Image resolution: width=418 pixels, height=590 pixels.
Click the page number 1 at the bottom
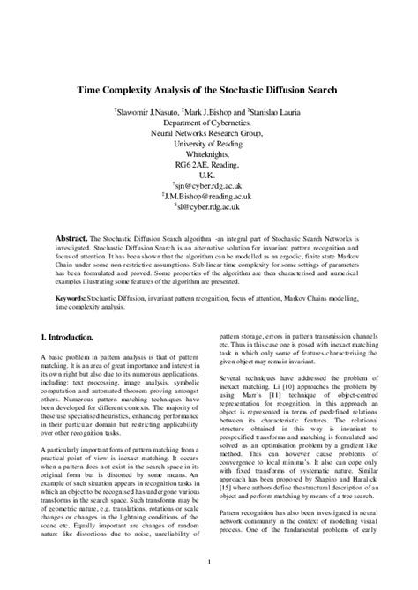coord(209,560)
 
